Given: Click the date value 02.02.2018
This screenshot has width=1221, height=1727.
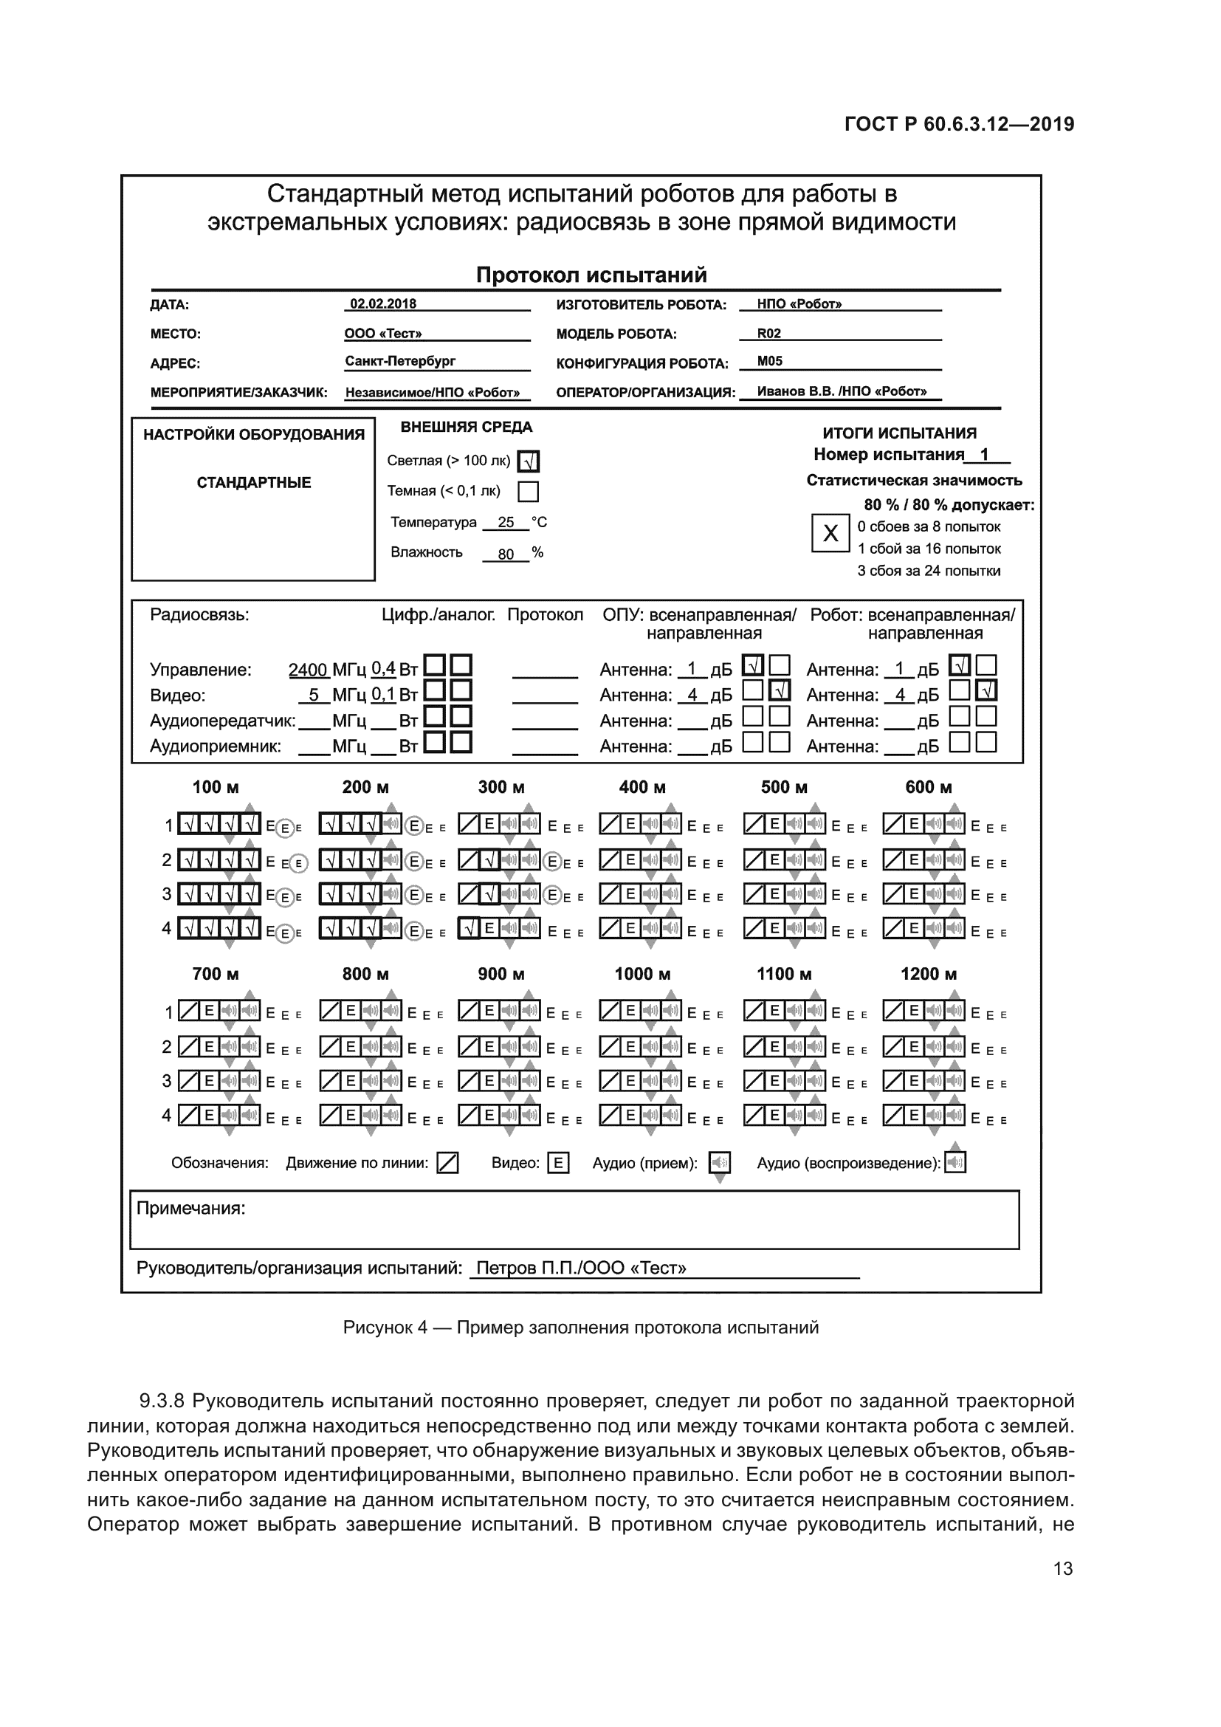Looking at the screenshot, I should [382, 304].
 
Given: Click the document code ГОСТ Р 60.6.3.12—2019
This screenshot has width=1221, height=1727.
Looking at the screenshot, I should [960, 125].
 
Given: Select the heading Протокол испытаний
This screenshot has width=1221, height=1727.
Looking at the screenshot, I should [591, 275].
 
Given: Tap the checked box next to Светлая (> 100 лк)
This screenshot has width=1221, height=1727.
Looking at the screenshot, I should [529, 461].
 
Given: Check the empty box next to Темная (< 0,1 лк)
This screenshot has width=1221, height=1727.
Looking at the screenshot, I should [529, 492].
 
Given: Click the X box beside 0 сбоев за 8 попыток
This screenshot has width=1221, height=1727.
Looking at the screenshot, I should [830, 533].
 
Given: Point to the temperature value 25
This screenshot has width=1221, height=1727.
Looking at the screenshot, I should [506, 522].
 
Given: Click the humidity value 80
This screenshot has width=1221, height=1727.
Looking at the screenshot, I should [506, 555].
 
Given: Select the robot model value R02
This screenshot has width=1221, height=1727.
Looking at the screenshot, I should [768, 333].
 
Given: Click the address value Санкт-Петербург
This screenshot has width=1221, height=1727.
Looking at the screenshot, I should [400, 361].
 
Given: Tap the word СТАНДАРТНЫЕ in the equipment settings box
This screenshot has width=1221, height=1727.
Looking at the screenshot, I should [253, 483].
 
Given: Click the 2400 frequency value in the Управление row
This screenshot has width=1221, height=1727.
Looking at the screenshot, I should [308, 670].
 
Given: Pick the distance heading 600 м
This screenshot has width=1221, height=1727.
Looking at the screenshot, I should [929, 788].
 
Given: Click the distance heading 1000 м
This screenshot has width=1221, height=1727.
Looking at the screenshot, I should [642, 974].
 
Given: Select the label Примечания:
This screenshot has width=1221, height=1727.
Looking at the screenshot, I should [191, 1209].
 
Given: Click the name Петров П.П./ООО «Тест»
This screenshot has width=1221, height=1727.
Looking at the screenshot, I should [581, 1268].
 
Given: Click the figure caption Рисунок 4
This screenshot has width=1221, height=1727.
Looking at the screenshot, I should [385, 1328].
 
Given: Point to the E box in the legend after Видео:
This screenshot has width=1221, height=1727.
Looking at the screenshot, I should [558, 1164].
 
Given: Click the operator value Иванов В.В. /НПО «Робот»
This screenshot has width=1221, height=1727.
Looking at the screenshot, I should [842, 391].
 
